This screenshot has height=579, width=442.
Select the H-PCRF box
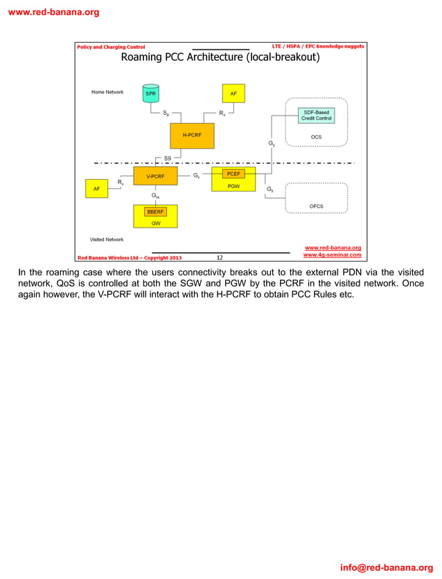(x=192, y=136)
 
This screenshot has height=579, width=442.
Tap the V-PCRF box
(x=155, y=176)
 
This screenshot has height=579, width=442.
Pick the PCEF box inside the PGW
(x=233, y=174)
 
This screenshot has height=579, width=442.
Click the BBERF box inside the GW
(x=155, y=211)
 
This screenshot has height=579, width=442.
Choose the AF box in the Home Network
(x=233, y=93)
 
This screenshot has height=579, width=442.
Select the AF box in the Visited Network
(x=96, y=187)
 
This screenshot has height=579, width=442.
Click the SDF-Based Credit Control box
(x=316, y=116)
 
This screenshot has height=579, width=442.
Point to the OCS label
(x=316, y=137)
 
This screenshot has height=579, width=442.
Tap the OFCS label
(x=316, y=206)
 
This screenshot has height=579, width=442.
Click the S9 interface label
(x=168, y=158)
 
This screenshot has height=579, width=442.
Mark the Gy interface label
(x=272, y=143)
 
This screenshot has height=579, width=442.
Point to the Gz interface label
(x=269, y=188)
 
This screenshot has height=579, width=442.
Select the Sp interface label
(x=166, y=113)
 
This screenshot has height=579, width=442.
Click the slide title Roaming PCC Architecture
(x=220, y=57)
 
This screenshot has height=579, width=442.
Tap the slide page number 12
(x=220, y=257)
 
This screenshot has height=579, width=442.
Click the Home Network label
(x=107, y=92)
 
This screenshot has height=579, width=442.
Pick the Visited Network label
(x=107, y=239)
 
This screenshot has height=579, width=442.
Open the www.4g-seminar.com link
(x=333, y=255)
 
